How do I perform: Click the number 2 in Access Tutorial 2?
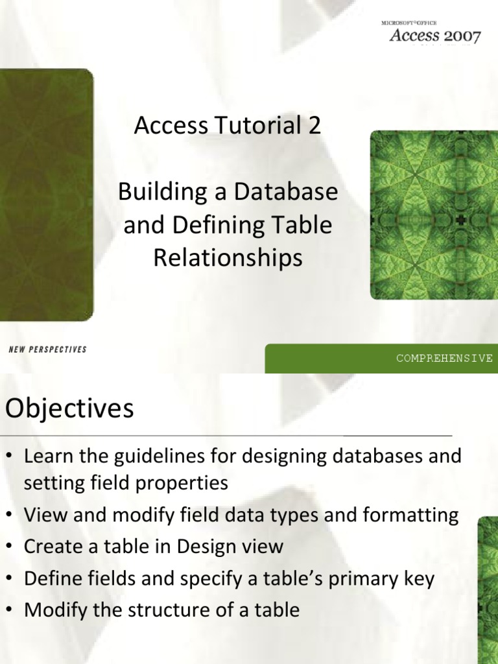314,126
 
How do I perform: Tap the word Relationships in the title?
228,258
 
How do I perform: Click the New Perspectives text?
47,350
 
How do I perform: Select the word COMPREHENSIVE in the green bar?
445,358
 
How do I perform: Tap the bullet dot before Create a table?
10,547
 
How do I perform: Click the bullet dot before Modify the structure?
10,610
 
